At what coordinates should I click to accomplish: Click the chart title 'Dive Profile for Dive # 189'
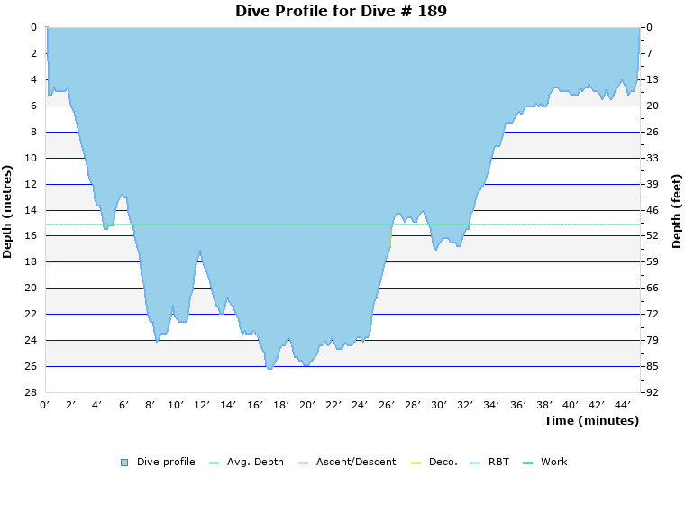341,12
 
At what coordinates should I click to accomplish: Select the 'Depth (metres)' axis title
8,211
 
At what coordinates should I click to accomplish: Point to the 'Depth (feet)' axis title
677,210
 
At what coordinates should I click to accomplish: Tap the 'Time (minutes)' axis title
591,421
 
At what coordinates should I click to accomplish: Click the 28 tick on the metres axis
30,392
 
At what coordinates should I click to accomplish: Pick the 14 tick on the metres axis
30,210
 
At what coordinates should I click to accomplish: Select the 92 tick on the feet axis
653,392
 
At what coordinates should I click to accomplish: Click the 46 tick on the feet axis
653,210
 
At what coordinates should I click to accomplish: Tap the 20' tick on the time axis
306,405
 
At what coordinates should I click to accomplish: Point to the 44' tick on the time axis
621,405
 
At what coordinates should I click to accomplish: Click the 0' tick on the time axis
45,405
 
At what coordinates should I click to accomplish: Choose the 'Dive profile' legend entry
166,463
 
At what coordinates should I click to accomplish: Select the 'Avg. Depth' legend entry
255,463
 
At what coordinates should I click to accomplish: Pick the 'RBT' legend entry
498,463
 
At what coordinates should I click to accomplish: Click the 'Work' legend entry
553,463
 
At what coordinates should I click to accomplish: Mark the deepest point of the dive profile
269,368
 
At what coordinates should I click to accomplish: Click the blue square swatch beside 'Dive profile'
124,463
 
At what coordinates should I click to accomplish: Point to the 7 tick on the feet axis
650,53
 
